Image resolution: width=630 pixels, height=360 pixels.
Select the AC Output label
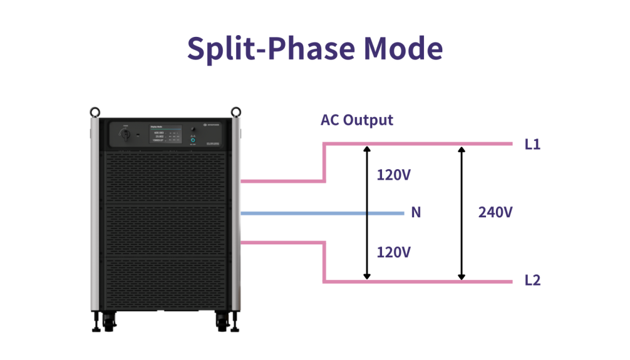[x=357, y=120]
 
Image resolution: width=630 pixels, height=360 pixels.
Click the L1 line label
[x=533, y=145]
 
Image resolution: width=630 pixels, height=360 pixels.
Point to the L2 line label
[x=533, y=281]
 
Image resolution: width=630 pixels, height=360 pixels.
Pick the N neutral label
[x=416, y=213]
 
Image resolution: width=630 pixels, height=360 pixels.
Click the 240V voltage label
[x=495, y=213]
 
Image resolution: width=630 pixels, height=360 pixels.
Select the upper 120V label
[x=394, y=175]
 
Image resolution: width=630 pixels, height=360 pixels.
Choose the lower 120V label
[x=394, y=252]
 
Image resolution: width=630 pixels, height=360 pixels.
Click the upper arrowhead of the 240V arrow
[x=461, y=150]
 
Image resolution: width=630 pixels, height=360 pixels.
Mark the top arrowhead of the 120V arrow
[x=367, y=150]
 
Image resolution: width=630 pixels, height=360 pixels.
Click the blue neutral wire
[x=320, y=214]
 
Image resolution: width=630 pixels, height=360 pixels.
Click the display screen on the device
[x=164, y=135]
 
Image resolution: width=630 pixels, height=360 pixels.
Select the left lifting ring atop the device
[x=95, y=112]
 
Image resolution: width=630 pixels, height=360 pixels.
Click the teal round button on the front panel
[x=193, y=141]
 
